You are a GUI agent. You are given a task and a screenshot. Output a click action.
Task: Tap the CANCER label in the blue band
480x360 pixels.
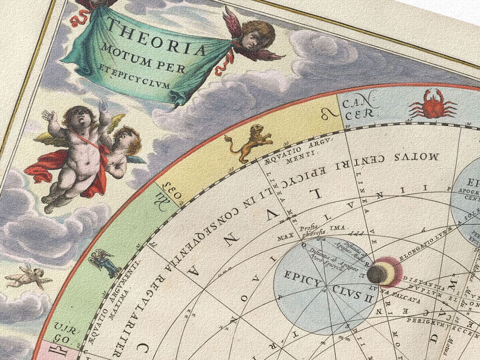coord(358,108)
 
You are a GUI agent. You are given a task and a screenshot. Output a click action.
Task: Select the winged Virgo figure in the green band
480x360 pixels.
coord(103,262)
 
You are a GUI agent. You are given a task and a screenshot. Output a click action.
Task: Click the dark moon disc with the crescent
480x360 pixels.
coord(376,274)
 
